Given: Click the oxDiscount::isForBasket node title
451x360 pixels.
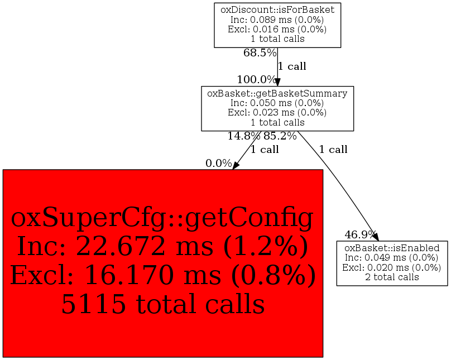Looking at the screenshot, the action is tap(277, 10).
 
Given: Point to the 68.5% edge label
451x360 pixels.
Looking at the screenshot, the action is tap(260, 52).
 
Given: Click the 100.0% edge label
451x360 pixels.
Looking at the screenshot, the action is tap(256, 79).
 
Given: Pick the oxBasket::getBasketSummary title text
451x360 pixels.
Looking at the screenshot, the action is tap(277, 93).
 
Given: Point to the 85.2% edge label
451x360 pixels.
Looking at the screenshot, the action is tap(280, 136).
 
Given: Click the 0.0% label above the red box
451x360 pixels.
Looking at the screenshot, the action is tap(219, 164).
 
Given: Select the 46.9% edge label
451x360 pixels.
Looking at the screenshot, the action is tap(361, 234).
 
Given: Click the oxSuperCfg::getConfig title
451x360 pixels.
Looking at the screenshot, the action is tap(162, 218).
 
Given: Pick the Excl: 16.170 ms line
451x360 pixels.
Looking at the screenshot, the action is tap(119, 275).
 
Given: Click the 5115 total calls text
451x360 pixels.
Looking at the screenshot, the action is tap(163, 304).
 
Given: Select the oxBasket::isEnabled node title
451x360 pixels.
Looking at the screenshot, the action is tap(392, 248).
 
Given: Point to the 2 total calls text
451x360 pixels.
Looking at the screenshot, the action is tap(392, 277).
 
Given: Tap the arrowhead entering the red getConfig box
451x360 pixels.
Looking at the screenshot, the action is tap(236, 166).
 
